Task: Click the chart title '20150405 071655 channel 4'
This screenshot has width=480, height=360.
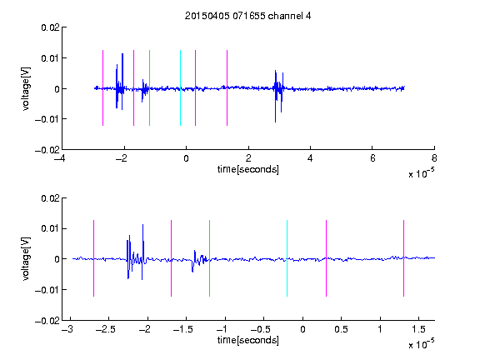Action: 247,16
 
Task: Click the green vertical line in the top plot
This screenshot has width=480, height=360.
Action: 149,87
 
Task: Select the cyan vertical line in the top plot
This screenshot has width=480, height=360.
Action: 180,87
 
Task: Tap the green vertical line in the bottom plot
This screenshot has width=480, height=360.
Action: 209,258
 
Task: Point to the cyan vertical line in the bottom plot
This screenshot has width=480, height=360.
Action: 287,258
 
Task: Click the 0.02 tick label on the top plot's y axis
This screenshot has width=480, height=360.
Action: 50,27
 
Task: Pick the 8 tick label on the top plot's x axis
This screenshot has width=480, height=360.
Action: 434,158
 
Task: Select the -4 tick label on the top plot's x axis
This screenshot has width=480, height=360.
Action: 60,158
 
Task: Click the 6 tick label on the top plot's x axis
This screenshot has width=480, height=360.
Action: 372,158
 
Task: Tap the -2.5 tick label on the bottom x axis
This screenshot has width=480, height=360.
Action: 105,329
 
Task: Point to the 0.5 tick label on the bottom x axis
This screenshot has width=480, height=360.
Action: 341,329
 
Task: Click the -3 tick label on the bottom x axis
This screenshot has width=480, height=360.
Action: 67,329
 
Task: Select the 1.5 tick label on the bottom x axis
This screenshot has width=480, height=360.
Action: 418,329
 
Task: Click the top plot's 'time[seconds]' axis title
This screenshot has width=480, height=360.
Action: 248,169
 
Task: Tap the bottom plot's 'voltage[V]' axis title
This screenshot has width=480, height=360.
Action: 26,258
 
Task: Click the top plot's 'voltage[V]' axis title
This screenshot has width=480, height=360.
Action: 26,89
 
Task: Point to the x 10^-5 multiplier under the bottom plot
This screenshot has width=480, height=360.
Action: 421,344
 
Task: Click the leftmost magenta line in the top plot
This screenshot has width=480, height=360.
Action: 102,87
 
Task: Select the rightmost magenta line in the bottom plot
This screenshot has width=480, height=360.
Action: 403,258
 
